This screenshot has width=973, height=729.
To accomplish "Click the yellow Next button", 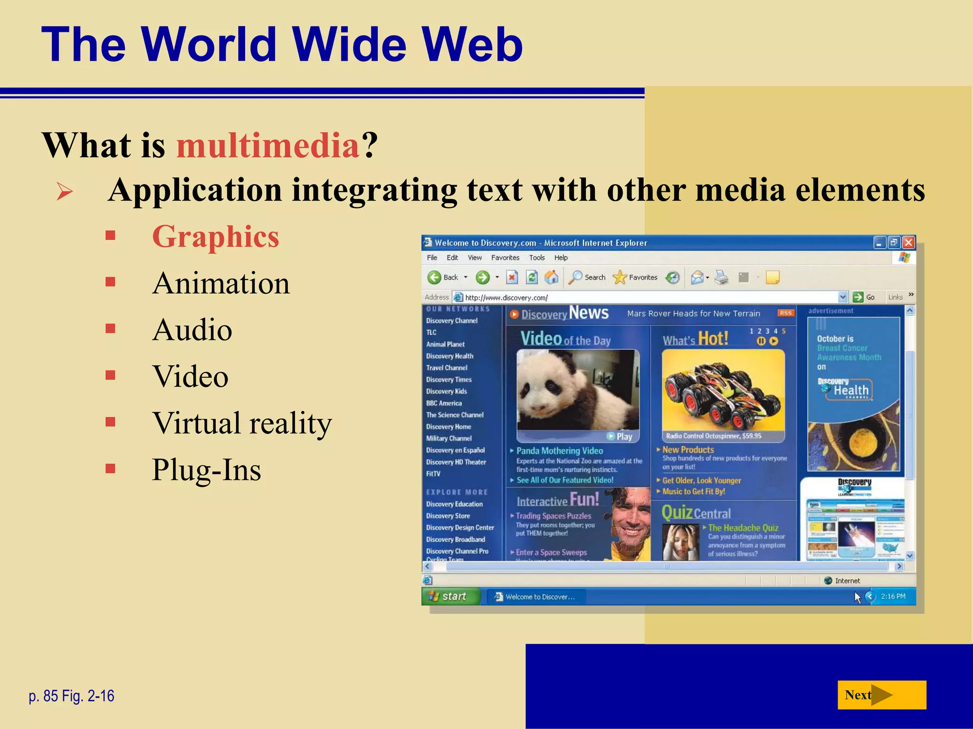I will pyautogui.click(x=881, y=695).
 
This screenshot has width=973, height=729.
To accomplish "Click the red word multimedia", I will pyautogui.click(x=267, y=145).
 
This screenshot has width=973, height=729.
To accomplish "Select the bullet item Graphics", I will pyautogui.click(x=215, y=236).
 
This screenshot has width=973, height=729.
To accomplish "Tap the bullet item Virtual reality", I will pyautogui.click(x=242, y=423).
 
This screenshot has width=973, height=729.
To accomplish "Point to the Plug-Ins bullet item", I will pyautogui.click(x=206, y=470).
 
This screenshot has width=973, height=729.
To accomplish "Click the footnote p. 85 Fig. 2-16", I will pyautogui.click(x=72, y=696).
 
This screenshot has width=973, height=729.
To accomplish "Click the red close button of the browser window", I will pyautogui.click(x=908, y=243).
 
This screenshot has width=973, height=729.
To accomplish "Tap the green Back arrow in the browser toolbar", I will pyautogui.click(x=434, y=277).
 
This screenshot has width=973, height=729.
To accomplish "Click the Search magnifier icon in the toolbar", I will pyautogui.click(x=575, y=277).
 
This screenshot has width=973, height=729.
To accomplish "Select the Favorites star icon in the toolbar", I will pyautogui.click(x=620, y=277).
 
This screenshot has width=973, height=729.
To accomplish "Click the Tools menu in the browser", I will pyautogui.click(x=537, y=258).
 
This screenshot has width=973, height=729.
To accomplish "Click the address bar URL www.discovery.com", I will pyautogui.click(x=506, y=298).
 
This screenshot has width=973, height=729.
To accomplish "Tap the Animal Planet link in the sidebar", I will pyautogui.click(x=445, y=344).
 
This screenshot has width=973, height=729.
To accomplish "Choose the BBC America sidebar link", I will pyautogui.click(x=444, y=403).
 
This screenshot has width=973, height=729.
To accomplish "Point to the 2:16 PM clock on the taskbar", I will pyautogui.click(x=893, y=597).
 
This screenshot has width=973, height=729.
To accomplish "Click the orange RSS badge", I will pyautogui.click(x=786, y=313).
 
